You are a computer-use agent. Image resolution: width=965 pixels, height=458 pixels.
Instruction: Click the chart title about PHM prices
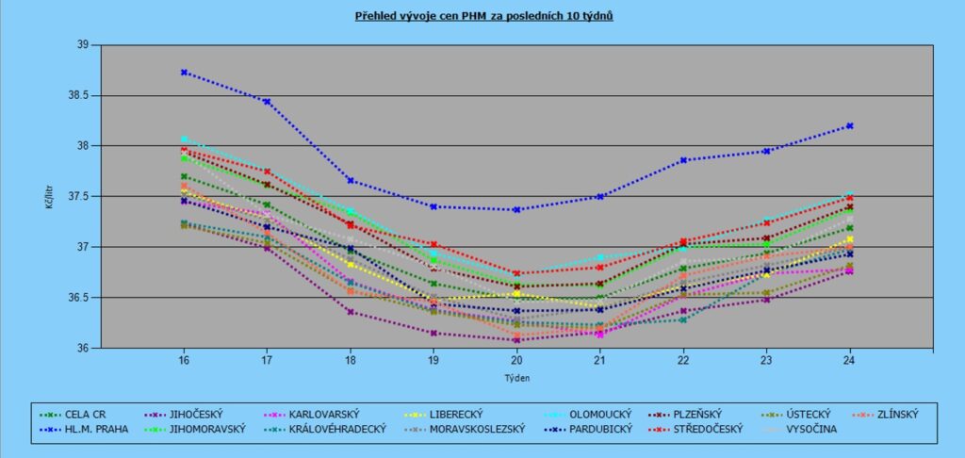(x=483, y=16)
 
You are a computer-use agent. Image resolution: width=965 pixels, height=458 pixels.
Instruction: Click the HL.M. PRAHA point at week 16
(x=185, y=72)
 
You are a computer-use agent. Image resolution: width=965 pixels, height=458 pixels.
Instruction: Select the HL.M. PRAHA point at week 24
(x=850, y=125)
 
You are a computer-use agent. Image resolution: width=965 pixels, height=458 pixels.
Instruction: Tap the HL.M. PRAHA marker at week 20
(x=516, y=209)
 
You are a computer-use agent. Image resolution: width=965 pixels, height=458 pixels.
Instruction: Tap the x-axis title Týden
(x=516, y=377)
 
